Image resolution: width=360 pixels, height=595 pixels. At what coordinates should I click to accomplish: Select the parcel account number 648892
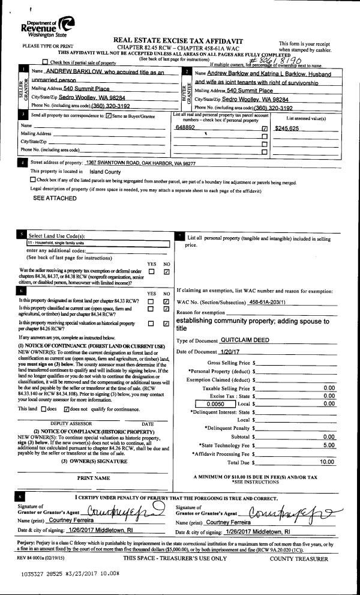(185, 128)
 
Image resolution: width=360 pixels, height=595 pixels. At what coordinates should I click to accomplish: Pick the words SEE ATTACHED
(55, 198)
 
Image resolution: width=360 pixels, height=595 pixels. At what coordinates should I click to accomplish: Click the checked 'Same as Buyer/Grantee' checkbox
(109, 115)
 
